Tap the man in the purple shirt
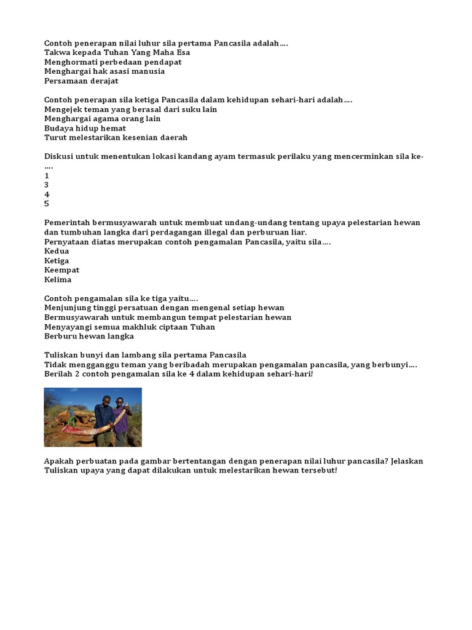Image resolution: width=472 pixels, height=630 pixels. (121, 418)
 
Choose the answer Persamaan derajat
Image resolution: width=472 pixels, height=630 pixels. (81, 81)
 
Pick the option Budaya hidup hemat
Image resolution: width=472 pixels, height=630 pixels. (85, 128)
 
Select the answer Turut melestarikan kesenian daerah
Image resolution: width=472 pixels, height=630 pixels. (116, 137)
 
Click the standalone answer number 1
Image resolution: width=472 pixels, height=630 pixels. (47, 175)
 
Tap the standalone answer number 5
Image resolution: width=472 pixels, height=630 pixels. (47, 204)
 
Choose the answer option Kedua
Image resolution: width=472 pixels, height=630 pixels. (57, 251)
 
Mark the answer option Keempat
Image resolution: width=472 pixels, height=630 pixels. (62, 269)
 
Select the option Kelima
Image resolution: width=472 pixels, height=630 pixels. (58, 279)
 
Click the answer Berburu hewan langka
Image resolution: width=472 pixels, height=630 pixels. (89, 336)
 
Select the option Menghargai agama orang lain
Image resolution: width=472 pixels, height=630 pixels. (102, 119)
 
